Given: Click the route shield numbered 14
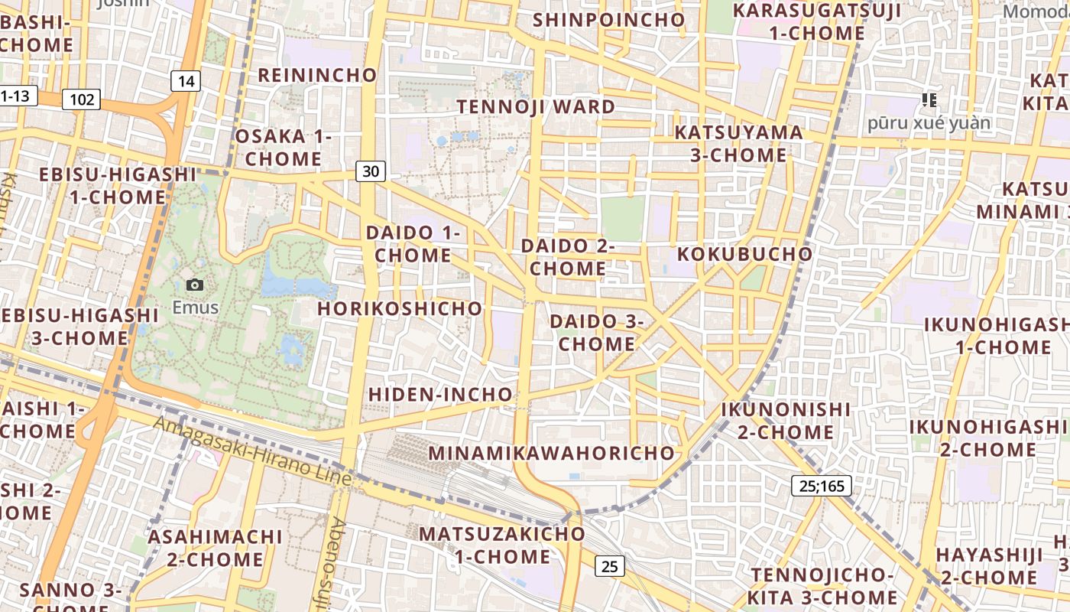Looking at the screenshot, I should pos(185,81).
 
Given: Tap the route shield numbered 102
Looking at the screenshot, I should pos(82,99).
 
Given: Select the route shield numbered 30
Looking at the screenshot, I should pos(371,171).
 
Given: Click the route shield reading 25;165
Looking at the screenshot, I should pos(821,485).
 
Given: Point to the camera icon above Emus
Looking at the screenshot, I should pos(195,285).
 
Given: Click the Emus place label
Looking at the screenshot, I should pos(195,308).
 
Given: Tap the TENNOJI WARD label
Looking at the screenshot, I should pos(536,106).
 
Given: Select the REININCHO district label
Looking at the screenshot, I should pos(317,75).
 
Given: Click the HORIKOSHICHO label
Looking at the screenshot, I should pos(400,308).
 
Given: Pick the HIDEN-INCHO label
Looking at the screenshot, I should pos(440,394).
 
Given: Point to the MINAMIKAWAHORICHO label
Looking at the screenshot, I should pos(552,453).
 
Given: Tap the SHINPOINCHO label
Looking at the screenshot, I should pos(609,20).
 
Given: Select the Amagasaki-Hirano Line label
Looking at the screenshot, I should pos(252,451).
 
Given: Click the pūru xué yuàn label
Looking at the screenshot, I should pos(929,122).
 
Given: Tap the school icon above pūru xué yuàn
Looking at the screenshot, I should pos(929,99).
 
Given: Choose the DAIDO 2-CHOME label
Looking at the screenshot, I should pos(568,257).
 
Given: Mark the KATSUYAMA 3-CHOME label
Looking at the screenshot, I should pos(738,144).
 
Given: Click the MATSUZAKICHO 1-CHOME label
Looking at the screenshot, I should pos(502,545).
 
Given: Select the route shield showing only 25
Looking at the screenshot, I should pos(609,566).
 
